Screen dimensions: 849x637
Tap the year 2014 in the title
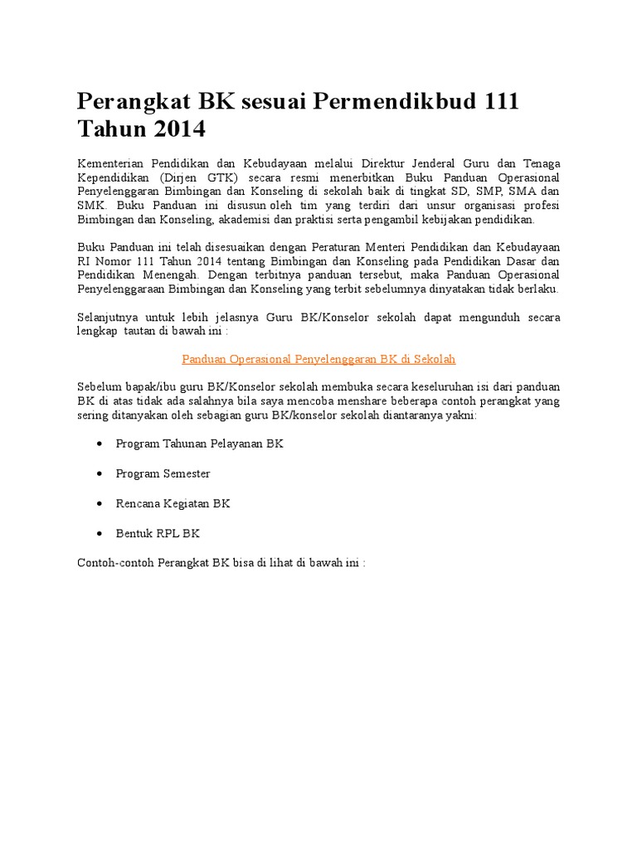[173, 131]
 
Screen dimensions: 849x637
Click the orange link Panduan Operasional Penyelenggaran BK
[318, 359]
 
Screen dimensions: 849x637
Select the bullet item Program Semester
[163, 473]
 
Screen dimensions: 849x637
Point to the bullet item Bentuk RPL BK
[158, 533]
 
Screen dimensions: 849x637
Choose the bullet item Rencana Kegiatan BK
[173, 503]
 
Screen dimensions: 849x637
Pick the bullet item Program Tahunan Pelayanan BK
[200, 444]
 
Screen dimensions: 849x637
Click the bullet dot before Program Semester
[100, 473]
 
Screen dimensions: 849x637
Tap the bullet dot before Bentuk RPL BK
[100, 533]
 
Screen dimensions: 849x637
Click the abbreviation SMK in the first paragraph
[92, 206]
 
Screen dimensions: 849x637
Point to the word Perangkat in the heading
[134, 102]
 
